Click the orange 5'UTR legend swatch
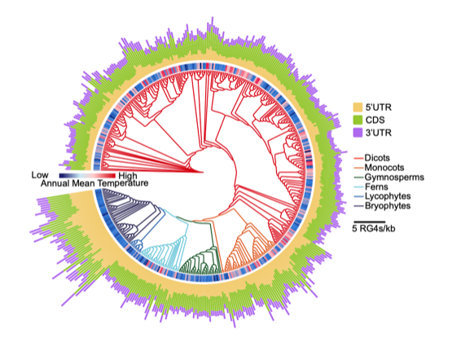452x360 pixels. tap(358, 108)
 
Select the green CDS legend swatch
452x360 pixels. tap(358, 120)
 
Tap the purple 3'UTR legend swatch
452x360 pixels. tap(358, 133)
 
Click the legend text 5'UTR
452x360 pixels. tap(379, 108)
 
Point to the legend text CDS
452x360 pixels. tap(375, 120)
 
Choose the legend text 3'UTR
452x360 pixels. tap(379, 133)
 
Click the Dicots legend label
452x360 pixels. tap(377, 158)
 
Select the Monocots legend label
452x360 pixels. tap(384, 168)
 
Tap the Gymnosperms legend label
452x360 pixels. tap(394, 177)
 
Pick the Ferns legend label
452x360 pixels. tap(376, 187)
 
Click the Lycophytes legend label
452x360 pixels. tap(388, 196)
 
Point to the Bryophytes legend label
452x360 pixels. tap(388, 206)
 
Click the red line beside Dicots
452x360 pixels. tap(358, 158)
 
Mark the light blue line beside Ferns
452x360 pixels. tap(358, 187)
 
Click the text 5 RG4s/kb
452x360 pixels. tap(374, 229)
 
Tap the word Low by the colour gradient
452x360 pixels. tap(40, 175)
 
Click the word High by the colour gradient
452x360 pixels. tap(128, 176)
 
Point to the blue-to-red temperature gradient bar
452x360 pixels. tap(87, 176)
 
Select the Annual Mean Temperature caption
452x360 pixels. tap(94, 183)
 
